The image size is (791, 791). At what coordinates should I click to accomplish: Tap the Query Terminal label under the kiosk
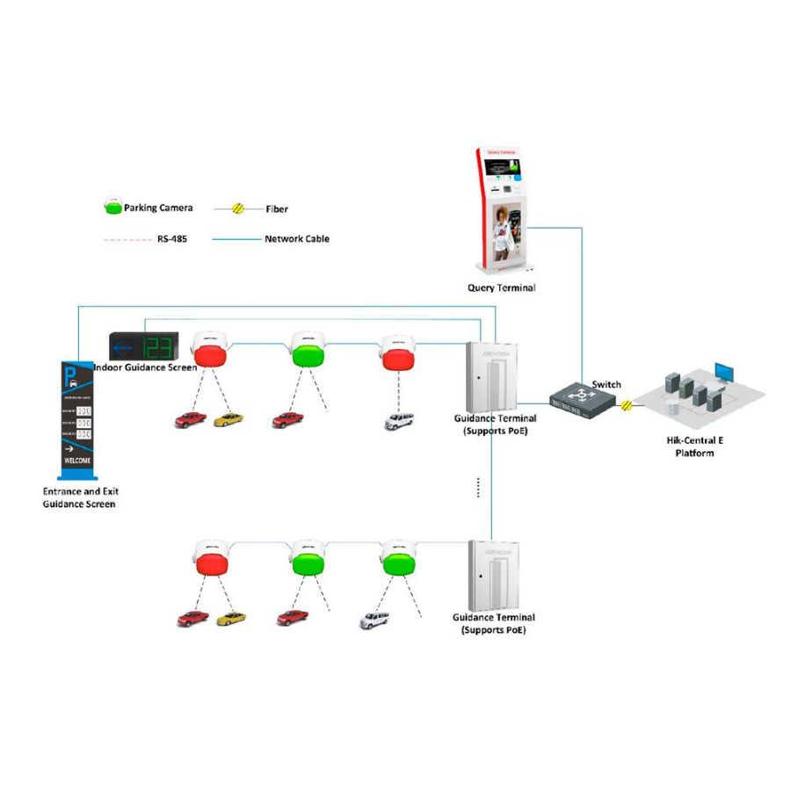coord(501,287)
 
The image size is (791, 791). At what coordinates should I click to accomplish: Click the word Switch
coord(606,384)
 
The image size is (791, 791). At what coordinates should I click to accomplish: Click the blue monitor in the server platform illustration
coord(722,369)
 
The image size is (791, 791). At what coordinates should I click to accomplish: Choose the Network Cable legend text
coord(296,238)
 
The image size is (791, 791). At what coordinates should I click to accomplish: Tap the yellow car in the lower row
coord(231,618)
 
